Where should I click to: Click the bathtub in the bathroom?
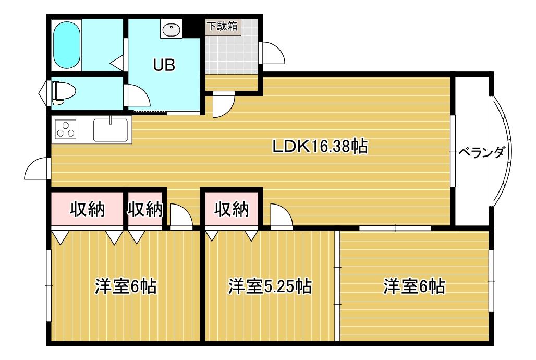(67, 45)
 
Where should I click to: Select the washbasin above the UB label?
(171, 29)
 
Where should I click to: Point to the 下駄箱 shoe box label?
(223, 26)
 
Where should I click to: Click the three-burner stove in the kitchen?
(65, 130)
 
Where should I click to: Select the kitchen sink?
(111, 130)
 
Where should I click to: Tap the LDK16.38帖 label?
(320, 147)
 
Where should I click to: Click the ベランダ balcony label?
(481, 152)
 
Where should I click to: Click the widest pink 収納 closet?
(87, 209)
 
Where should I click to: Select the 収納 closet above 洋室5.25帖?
(232, 209)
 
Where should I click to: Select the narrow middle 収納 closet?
(145, 209)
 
